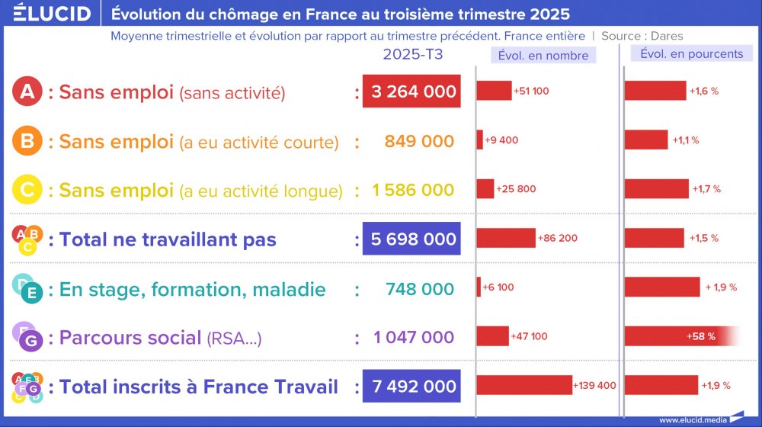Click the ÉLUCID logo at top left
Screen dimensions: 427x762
(x=46, y=14)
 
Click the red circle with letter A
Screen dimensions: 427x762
(x=27, y=92)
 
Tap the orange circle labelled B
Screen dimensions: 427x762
(x=27, y=141)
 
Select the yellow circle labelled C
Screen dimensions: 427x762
(x=27, y=190)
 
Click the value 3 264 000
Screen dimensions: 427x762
(x=412, y=92)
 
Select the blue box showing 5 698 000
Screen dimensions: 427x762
(x=412, y=239)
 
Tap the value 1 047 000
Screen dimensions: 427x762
(x=414, y=337)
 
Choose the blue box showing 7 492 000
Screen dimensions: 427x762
(x=412, y=387)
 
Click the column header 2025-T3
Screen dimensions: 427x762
(x=412, y=54)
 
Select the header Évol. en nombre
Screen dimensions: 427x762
(x=543, y=55)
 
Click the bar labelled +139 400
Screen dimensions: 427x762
(x=524, y=386)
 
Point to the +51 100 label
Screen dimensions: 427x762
(x=531, y=91)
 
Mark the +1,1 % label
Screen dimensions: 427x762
(x=685, y=140)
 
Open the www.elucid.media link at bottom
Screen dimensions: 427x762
(x=693, y=419)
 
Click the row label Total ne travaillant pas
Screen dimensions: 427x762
(x=168, y=239)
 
